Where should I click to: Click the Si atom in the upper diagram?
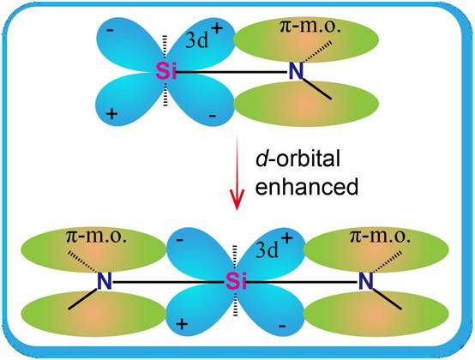click(166, 72)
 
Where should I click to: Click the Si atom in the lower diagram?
click(236, 282)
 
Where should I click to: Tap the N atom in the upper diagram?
click(296, 71)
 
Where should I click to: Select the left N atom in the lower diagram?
click(105, 282)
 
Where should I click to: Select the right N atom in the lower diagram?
click(365, 282)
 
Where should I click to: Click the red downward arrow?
click(237, 173)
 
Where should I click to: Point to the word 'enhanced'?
click(307, 187)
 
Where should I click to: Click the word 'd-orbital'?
click(298, 159)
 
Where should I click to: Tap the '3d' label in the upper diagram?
click(197, 40)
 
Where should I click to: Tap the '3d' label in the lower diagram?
click(267, 250)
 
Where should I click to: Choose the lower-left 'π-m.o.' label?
click(96, 237)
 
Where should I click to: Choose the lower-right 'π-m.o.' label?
click(380, 237)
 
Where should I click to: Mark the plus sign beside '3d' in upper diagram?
click(217, 29)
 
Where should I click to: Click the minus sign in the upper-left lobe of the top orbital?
click(111, 30)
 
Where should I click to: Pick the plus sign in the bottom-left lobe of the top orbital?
click(112, 114)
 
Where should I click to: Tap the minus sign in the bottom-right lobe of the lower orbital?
click(282, 326)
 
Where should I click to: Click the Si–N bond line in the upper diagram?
click(231, 72)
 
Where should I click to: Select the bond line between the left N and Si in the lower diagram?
click(169, 283)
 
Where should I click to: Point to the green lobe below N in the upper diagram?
click(307, 104)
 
